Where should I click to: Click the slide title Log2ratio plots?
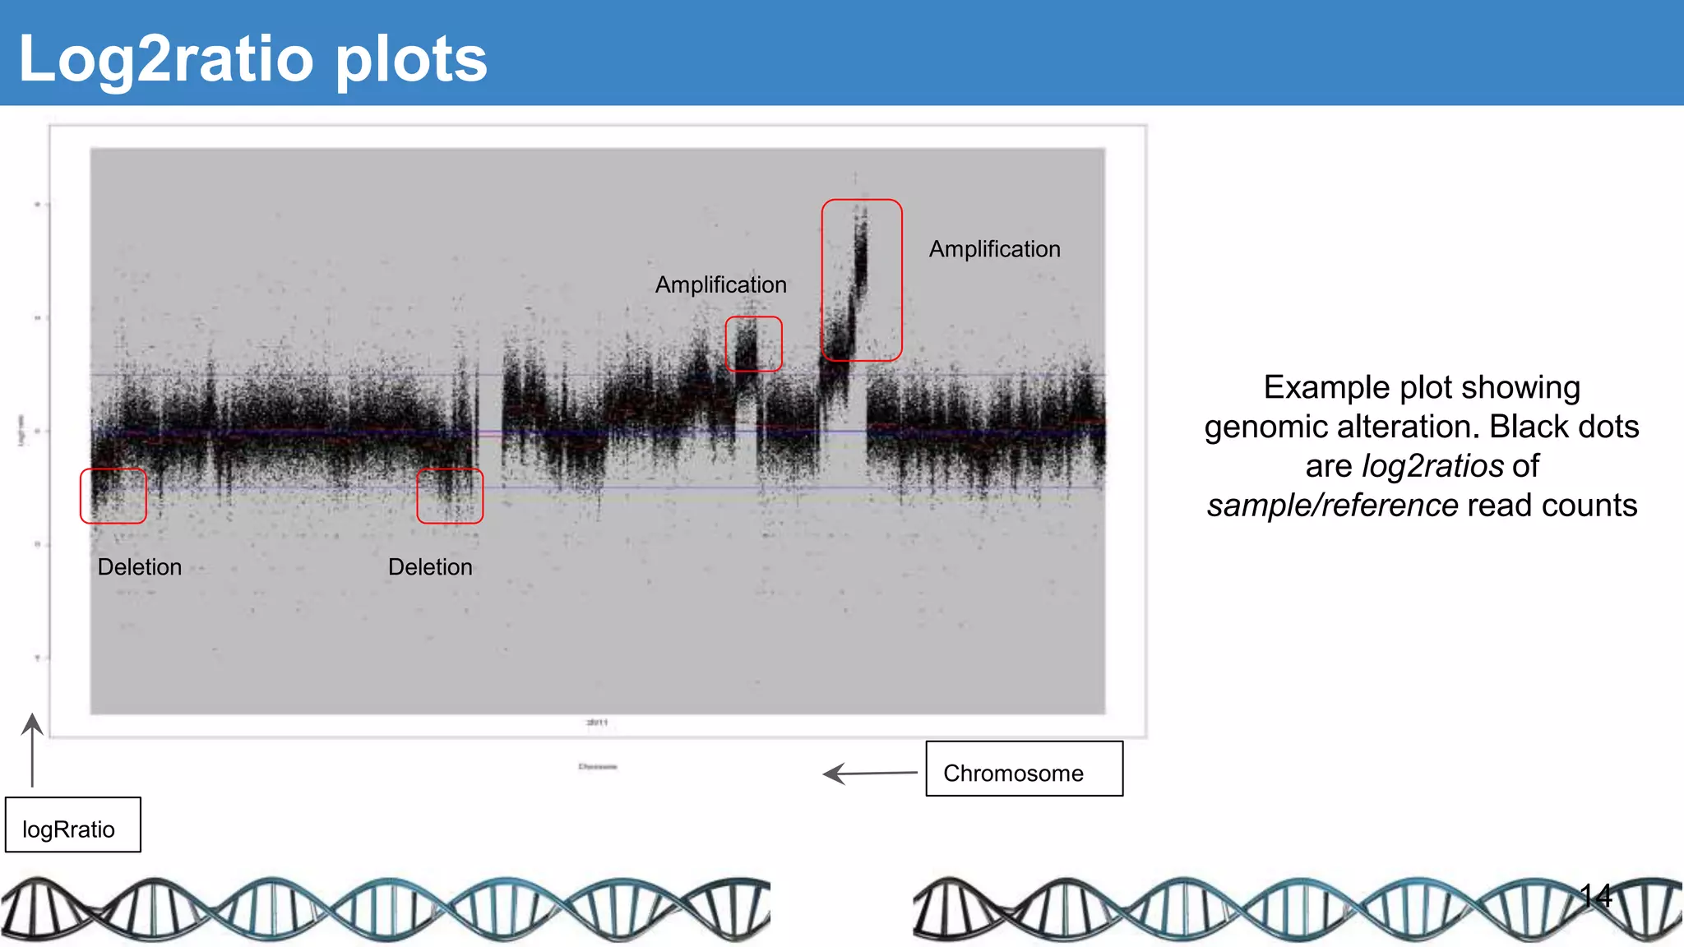pyautogui.click(x=252, y=59)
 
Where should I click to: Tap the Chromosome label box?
pyautogui.click(x=1024, y=769)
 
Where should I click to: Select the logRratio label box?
pyautogui.click(x=72, y=825)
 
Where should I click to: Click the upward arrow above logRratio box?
pyautogui.click(x=32, y=748)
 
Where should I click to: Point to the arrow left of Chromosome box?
pyautogui.click(x=869, y=774)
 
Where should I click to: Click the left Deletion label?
pyautogui.click(x=139, y=567)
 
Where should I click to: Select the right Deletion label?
pyautogui.click(x=430, y=567)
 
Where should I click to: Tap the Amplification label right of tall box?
pyautogui.click(x=994, y=249)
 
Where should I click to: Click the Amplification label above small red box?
pyautogui.click(x=720, y=284)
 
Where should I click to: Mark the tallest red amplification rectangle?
pyautogui.click(x=862, y=280)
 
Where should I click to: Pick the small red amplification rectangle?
pyautogui.click(x=753, y=344)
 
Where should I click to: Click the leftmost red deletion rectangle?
pyautogui.click(x=113, y=496)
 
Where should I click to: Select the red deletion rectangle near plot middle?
pyautogui.click(x=450, y=496)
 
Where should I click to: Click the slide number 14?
pyautogui.click(x=1595, y=895)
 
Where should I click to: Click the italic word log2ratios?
pyautogui.click(x=1432, y=466)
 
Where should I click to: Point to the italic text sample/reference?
pyautogui.click(x=1332, y=506)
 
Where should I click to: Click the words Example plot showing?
pyautogui.click(x=1422, y=387)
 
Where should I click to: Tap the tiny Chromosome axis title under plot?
pyautogui.click(x=598, y=766)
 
